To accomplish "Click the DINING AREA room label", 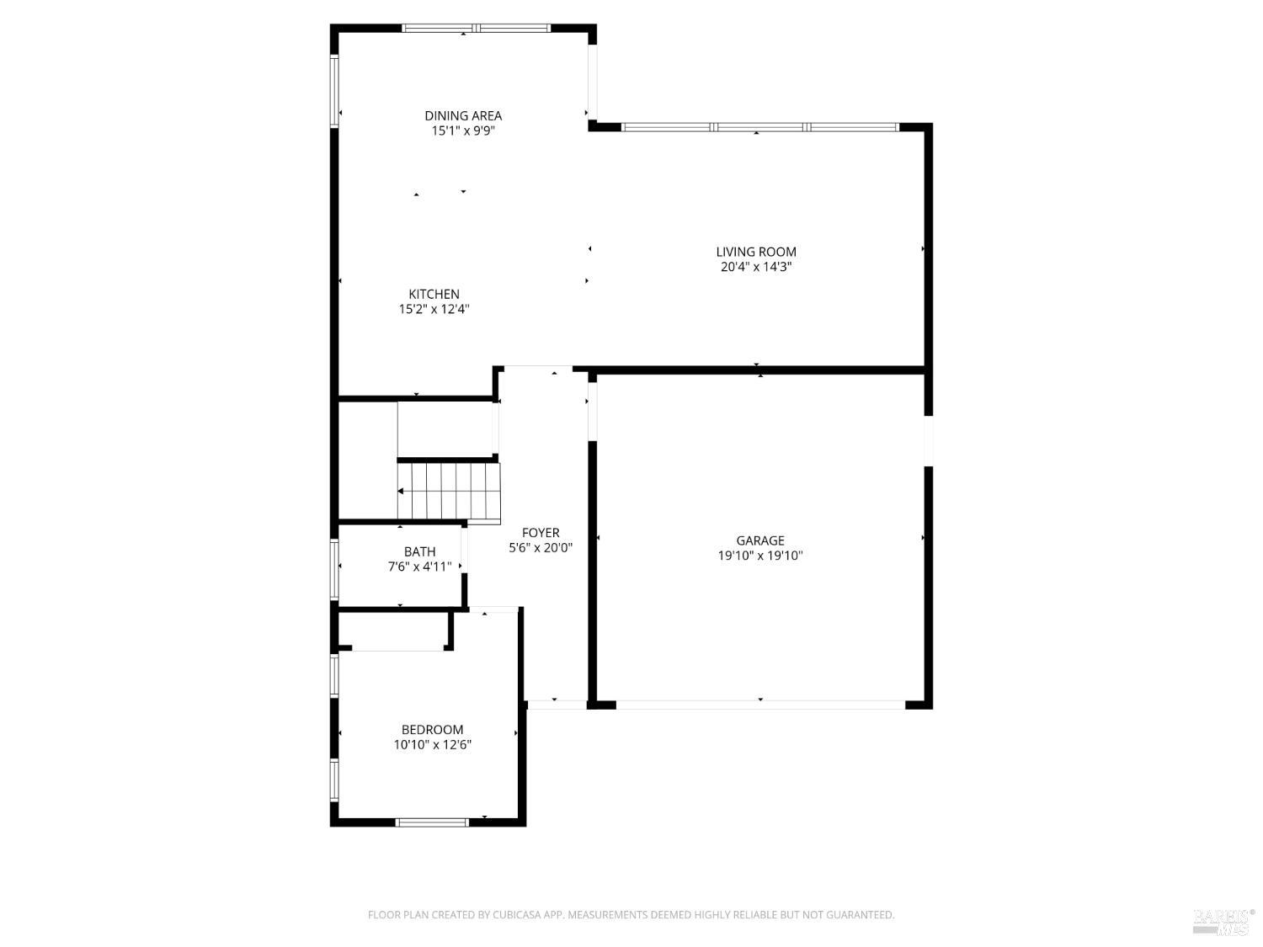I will (463, 115).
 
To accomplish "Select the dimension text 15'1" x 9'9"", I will (463, 131).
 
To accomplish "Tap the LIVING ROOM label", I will (755, 252).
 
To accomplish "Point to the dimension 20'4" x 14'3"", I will (755, 267).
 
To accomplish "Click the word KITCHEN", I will (434, 294).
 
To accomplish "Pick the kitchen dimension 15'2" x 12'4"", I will (434, 309).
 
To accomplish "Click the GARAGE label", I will (759, 540).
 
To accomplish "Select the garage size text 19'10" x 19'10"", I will (759, 556).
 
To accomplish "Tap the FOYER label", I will (541, 533).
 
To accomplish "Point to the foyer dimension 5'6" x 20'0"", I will (541, 548).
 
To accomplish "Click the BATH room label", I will (419, 552).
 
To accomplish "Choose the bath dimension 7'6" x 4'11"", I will (419, 567).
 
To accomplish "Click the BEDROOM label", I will (432, 730).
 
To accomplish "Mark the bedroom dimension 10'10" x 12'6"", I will (432, 745).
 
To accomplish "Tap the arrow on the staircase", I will (402, 492).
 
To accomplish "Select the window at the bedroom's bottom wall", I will (432, 822).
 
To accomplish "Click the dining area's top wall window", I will (476, 28).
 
